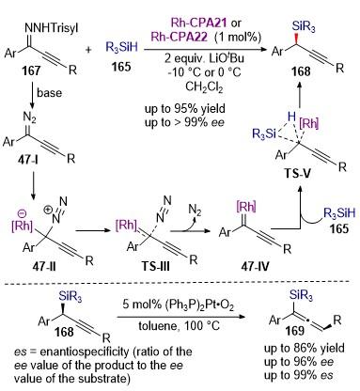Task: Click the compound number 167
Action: click(x=31, y=70)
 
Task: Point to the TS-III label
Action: click(x=155, y=266)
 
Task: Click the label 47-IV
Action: click(x=255, y=266)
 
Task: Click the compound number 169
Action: click(x=295, y=331)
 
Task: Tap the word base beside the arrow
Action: click(x=49, y=93)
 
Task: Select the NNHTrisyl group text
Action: click(x=51, y=28)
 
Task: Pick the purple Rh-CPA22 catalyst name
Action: click(x=180, y=37)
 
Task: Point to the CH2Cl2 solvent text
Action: click(x=204, y=86)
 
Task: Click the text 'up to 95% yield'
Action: click(x=185, y=108)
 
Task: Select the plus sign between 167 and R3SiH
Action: click(x=88, y=50)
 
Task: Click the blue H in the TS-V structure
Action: click(x=291, y=117)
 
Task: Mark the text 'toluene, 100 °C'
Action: click(x=180, y=326)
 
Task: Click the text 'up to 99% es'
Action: click(x=299, y=375)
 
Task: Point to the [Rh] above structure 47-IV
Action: click(x=246, y=207)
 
